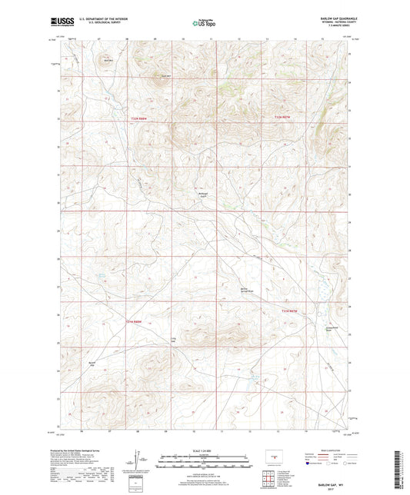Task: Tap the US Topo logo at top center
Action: pyautogui.click(x=203, y=25)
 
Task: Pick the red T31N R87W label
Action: pyautogui.click(x=288, y=311)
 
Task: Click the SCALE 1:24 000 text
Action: pyautogui.click(x=205, y=450)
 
